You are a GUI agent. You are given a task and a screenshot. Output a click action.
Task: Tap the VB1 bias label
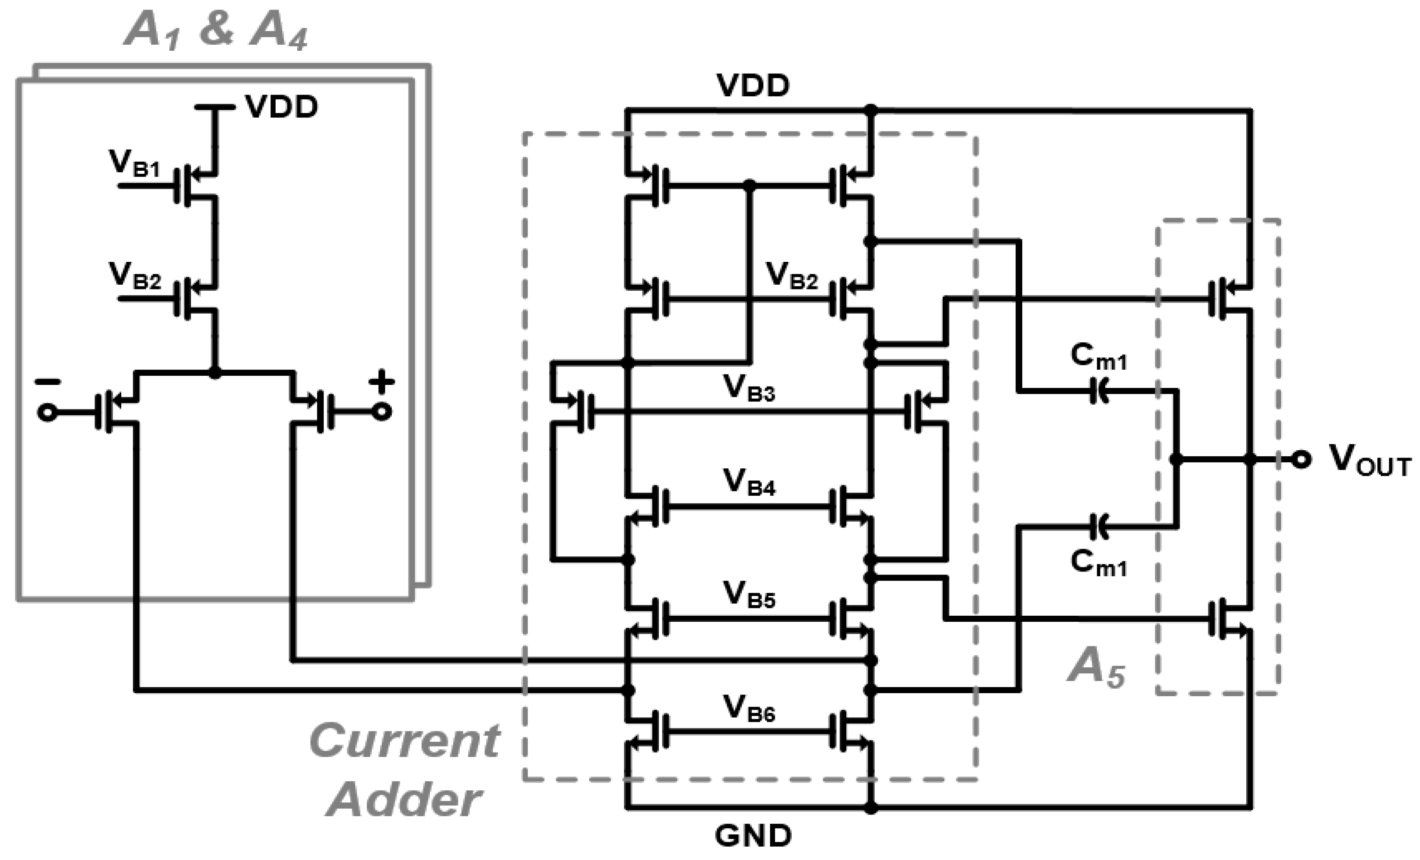pos(134,163)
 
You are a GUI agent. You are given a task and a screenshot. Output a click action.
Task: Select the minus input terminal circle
pos(47,413)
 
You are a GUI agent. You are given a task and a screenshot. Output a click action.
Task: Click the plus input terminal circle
pos(381,412)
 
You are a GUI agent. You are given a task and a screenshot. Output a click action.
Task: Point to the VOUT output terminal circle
pos(1301,459)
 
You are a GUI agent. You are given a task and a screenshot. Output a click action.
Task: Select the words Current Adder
pos(405,770)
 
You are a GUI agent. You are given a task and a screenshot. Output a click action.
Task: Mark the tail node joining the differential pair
pos(215,373)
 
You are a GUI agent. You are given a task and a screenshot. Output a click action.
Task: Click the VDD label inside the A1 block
pos(281,107)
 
